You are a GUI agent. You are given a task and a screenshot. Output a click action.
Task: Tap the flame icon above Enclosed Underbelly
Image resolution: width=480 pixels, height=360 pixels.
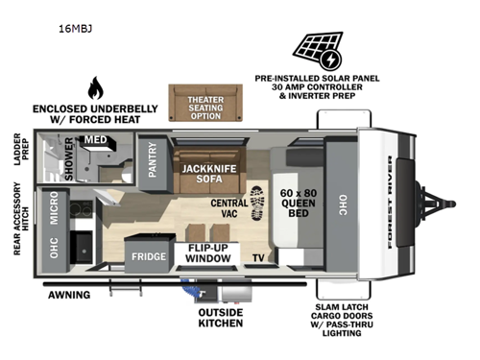pos(95,89)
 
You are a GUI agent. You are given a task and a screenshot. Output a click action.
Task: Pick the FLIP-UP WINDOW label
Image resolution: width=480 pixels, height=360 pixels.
pos(203,253)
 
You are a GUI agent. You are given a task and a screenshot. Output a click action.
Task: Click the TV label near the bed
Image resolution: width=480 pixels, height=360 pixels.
pos(258,257)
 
